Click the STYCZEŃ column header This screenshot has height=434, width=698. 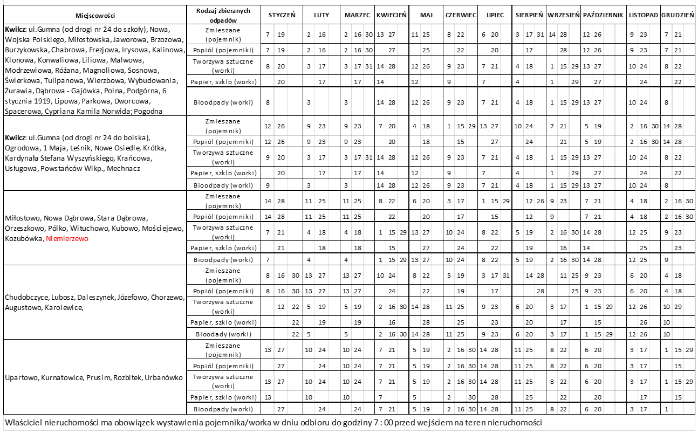click(282, 15)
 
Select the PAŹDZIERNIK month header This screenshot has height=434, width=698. click(603, 15)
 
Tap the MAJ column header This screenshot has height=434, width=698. click(426, 15)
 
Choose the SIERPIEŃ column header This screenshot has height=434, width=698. click(529, 15)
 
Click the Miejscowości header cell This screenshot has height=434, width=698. click(95, 15)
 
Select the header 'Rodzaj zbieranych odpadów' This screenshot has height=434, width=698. click(223, 15)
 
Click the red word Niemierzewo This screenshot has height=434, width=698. click(67, 238)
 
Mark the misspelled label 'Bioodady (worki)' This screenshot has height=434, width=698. click(223, 334)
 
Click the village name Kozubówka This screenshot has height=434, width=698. click(24, 238)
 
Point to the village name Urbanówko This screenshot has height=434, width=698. click(165, 377)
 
